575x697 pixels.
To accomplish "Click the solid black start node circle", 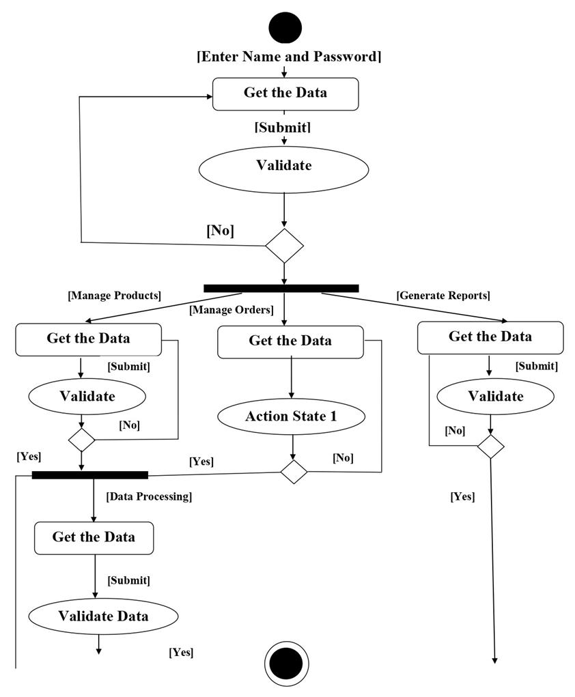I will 285,28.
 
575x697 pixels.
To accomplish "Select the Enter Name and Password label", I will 289,57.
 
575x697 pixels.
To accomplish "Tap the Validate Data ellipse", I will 103,616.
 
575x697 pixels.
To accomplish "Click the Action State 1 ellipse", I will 292,416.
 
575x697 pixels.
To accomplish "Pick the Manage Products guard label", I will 114,296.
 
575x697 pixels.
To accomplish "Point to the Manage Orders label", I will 232,310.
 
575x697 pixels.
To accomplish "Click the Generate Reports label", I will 443,296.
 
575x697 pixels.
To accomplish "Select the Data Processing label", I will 149,496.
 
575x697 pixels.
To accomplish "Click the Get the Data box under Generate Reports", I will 490,337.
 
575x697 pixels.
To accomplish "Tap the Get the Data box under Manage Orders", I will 290,341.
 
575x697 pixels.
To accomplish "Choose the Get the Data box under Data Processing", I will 94,538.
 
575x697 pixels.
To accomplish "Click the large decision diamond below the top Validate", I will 284,245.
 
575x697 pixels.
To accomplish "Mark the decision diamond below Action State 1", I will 294,472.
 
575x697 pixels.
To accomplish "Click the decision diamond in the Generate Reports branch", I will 490,448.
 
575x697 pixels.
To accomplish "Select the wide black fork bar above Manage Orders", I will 281,288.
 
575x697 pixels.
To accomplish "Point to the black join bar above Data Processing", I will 90,474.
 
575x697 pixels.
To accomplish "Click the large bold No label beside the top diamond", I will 220,231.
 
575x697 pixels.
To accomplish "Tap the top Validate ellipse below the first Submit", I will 284,167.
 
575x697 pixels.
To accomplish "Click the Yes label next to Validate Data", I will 181,653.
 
